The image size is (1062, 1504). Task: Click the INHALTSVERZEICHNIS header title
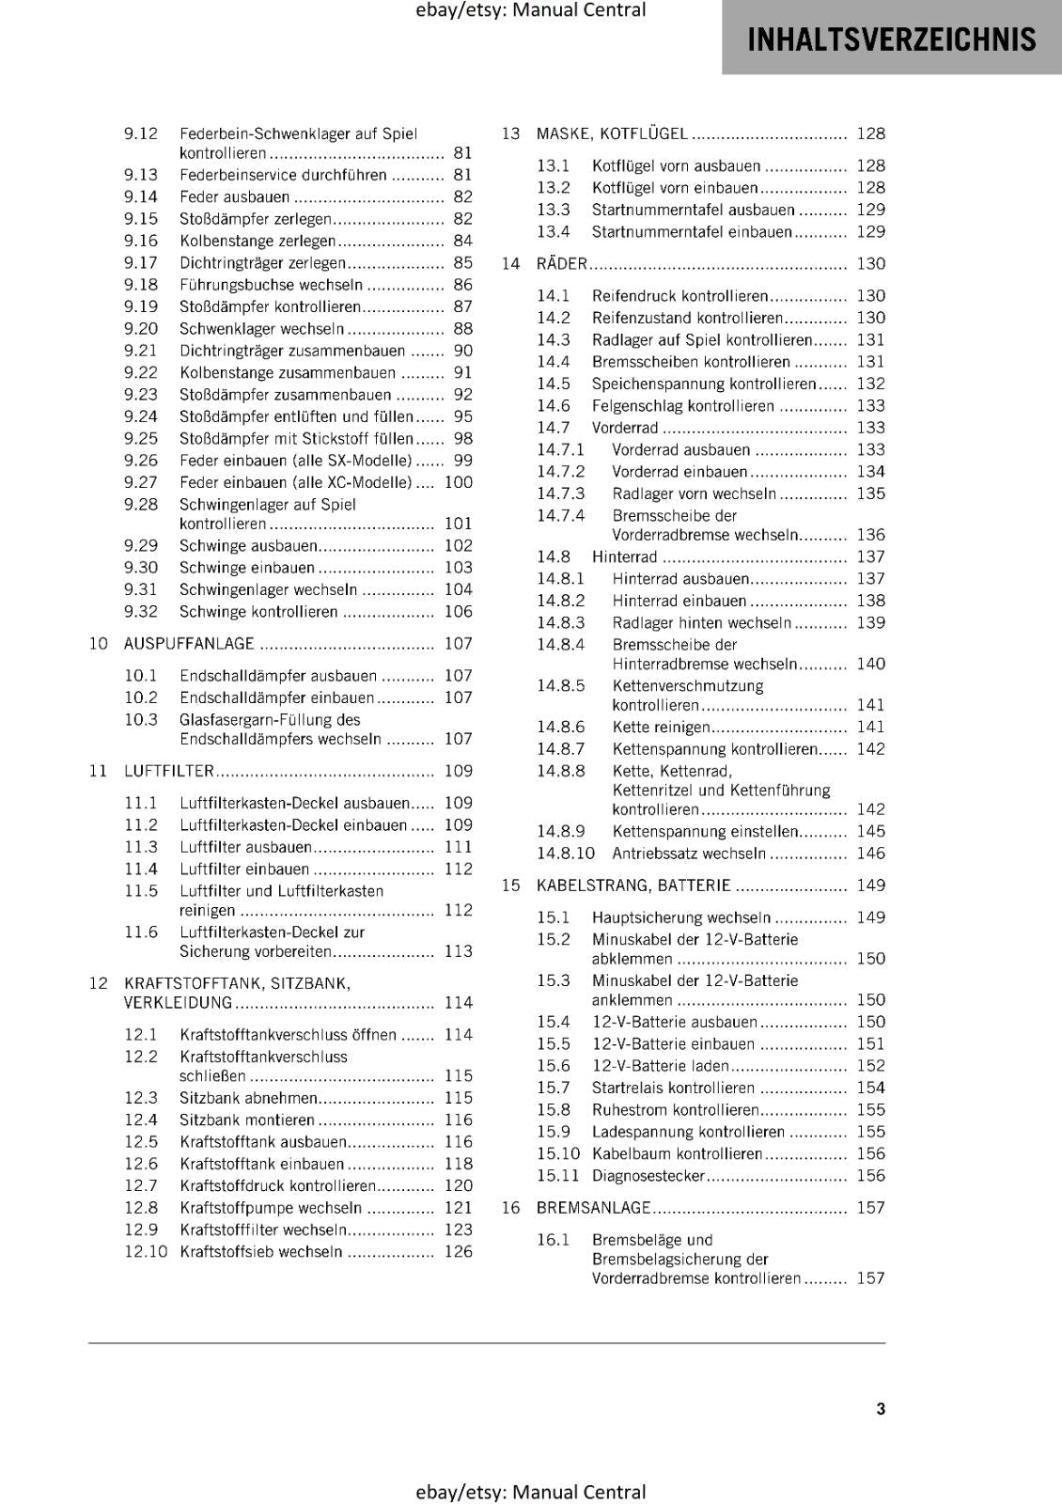891,39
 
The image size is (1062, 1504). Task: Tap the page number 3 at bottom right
880,1408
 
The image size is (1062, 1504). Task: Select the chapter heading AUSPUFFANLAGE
189,644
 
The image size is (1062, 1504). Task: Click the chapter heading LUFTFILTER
169,771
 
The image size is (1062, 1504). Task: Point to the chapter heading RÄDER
561,264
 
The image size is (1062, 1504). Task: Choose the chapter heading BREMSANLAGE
593,1208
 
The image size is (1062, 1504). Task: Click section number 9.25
141,439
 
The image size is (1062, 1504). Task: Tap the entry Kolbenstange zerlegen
257,241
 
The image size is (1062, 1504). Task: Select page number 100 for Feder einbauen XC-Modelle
458,482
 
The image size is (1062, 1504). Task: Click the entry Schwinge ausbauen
248,545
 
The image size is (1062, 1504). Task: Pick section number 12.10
146,1251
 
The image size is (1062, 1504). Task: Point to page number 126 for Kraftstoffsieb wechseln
458,1251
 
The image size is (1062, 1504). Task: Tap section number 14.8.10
566,854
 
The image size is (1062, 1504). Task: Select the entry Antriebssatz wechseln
689,854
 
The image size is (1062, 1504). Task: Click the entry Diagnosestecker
648,1176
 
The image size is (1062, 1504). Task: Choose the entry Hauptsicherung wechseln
680,917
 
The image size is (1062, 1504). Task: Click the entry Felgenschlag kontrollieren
682,406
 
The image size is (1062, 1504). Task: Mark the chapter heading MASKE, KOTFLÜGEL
612,134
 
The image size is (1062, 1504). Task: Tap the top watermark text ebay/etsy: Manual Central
531,10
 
